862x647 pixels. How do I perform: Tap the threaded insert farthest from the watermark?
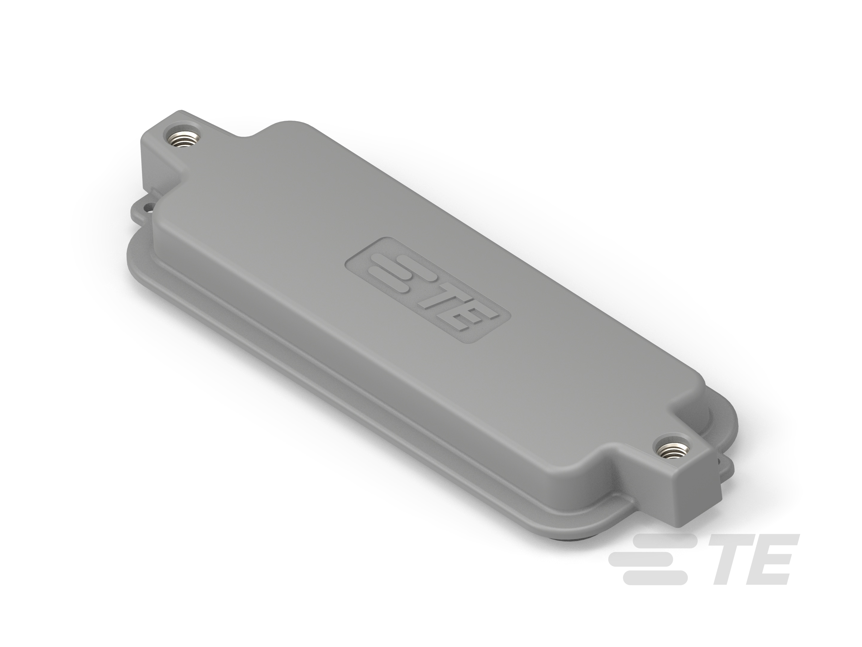(182, 139)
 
